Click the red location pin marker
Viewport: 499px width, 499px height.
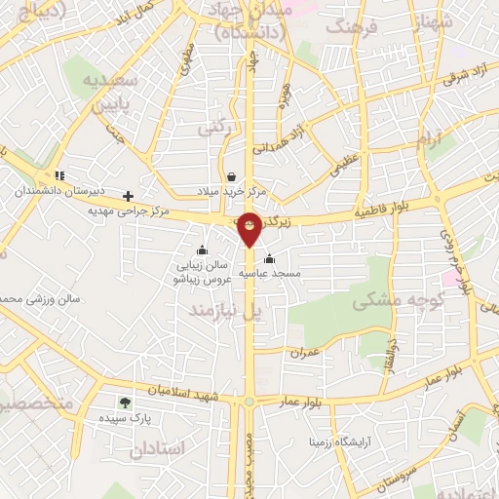tap(250, 228)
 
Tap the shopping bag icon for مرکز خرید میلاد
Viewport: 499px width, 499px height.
tap(231, 176)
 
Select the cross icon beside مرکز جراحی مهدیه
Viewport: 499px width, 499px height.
tap(128, 196)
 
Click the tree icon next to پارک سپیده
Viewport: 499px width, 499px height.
tap(124, 402)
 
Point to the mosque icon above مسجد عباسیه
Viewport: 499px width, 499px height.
tap(269, 259)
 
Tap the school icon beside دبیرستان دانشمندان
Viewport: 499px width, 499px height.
tap(59, 176)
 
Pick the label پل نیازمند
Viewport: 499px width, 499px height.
tap(226, 310)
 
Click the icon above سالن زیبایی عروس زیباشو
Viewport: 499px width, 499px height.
tap(202, 249)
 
